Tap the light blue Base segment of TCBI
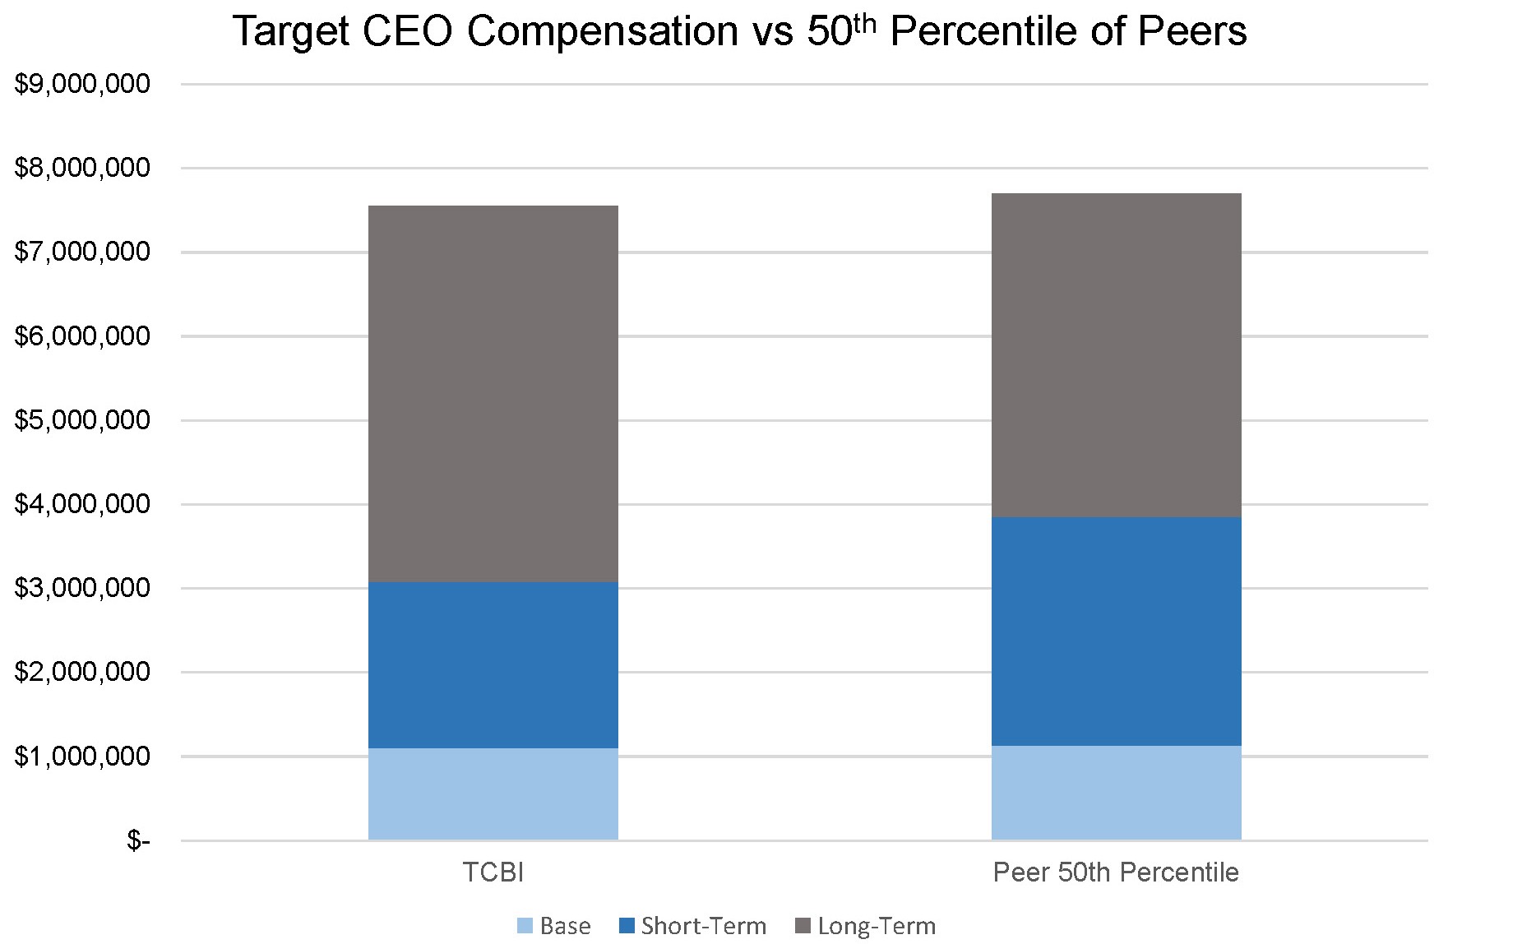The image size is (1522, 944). click(493, 794)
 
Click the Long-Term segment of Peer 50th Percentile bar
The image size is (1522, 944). click(1116, 354)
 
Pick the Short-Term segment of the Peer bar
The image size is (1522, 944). click(1116, 631)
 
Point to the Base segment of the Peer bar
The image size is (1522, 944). click(1116, 793)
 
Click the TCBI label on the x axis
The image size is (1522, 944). click(493, 872)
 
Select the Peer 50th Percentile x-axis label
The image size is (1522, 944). click(1116, 872)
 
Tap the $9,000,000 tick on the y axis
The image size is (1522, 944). click(82, 83)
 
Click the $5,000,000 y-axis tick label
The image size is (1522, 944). click(82, 420)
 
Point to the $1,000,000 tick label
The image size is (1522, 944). click(82, 757)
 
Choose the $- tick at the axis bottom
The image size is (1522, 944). click(138, 840)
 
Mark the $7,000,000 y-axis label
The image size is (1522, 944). click(82, 252)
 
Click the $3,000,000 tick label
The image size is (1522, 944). click(82, 588)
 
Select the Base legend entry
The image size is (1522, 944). click(555, 926)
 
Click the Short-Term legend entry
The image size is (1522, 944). click(693, 926)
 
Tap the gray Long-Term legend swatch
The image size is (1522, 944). click(803, 926)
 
